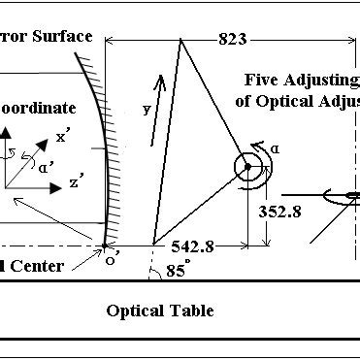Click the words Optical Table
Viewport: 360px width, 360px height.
tap(160, 311)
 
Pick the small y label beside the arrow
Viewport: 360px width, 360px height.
tap(147, 109)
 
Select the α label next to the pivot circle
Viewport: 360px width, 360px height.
tap(276, 147)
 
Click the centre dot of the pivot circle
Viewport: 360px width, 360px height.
tap(247, 168)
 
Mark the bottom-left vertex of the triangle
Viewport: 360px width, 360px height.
tap(153, 243)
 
